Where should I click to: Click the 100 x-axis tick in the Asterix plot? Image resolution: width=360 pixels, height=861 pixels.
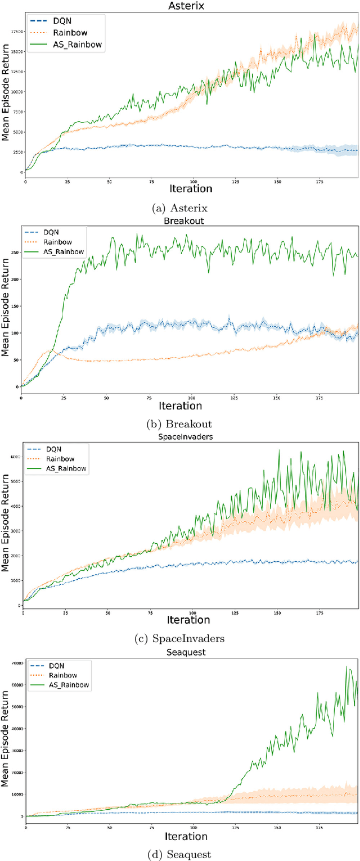(x=193, y=182)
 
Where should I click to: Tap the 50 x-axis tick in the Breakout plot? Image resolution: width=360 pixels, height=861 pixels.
(x=106, y=398)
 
